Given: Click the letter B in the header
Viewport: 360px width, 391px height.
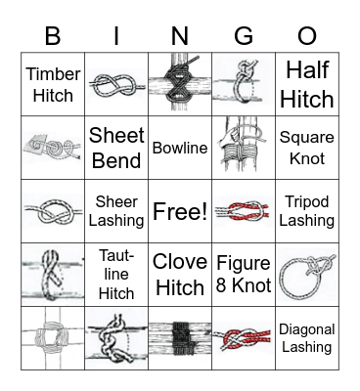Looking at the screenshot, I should point(53,36).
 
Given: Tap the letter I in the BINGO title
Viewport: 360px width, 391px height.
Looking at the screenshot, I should point(116,36).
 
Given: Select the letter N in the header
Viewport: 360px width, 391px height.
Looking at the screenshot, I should point(180,36).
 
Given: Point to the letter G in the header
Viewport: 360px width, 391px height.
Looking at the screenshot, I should point(244,36).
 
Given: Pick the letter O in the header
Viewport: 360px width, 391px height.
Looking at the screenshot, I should point(307,36).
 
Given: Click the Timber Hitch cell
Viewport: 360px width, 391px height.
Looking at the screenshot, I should point(53,84).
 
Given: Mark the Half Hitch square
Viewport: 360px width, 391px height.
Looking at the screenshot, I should point(307,84).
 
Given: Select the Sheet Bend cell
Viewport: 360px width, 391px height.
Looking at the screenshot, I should point(116,148).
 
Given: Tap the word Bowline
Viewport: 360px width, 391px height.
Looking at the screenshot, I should point(180,148).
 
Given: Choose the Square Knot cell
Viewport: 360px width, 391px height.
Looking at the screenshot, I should point(307,148).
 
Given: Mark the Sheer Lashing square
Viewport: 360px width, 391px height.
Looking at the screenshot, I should point(116,211).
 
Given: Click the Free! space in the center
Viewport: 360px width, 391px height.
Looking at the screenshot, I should point(180,211).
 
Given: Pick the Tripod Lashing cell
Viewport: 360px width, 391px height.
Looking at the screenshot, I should point(307,211).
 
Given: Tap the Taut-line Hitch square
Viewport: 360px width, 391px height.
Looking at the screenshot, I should point(116,275).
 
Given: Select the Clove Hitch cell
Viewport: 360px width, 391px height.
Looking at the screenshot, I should point(180,275).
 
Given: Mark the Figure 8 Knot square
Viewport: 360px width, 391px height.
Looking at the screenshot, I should point(244,275).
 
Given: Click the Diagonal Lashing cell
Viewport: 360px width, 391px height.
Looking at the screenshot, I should point(307,338).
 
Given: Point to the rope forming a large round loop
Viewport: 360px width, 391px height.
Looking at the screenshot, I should point(306,276).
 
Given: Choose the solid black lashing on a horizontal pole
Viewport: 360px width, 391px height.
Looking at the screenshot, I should point(180,338).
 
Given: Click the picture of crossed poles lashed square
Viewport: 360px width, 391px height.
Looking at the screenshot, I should point(53,338).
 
